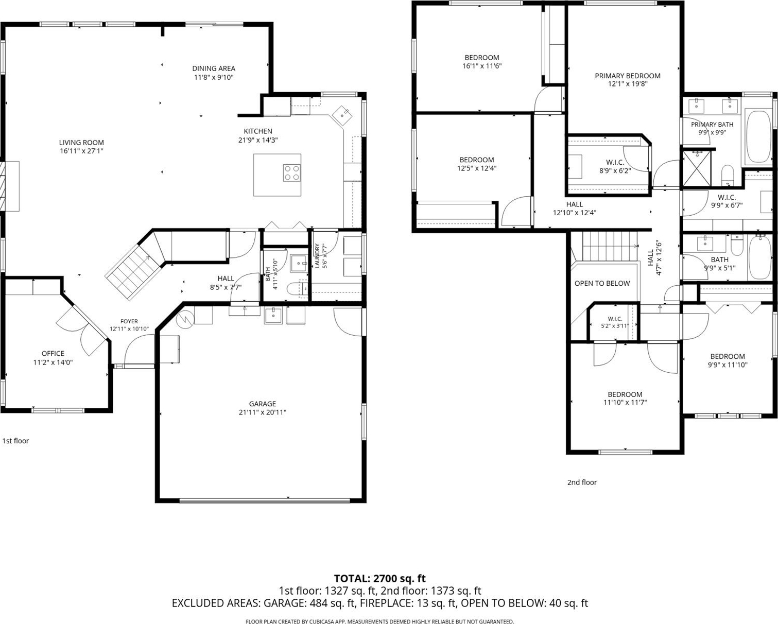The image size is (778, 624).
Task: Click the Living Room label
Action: click(81, 143)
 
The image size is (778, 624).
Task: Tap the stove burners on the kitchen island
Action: click(292, 173)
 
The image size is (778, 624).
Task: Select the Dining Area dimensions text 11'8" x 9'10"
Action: click(214, 77)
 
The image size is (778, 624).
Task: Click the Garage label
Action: click(263, 404)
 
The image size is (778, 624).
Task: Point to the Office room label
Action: click(53, 353)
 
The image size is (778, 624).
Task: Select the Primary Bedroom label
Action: click(628, 76)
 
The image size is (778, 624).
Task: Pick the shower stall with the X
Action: click(696, 168)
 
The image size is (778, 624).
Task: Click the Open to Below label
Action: click(602, 283)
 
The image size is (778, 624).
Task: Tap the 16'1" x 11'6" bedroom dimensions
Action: click(482, 66)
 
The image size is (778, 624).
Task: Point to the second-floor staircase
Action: click(610, 246)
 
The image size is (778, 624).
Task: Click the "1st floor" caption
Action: click(15, 440)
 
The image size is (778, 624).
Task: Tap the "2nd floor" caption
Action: click(582, 482)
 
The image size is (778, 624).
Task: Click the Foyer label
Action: click(129, 321)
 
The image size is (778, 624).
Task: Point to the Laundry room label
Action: click(317, 255)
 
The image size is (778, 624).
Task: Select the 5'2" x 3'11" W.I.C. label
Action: click(615, 325)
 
